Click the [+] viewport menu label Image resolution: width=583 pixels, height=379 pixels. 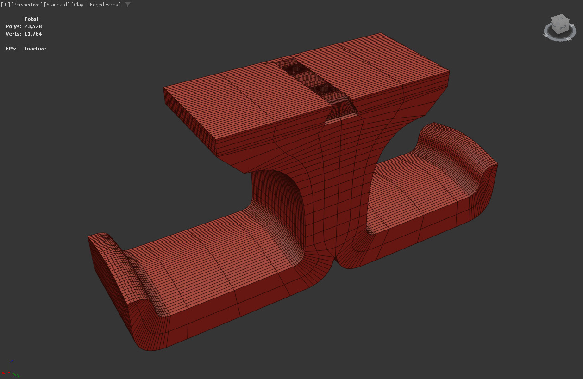(x=5, y=5)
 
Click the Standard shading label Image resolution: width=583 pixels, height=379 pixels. (x=57, y=5)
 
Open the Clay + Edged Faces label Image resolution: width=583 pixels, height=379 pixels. (x=96, y=5)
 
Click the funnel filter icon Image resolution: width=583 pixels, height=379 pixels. (x=128, y=5)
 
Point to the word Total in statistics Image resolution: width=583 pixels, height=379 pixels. (x=31, y=19)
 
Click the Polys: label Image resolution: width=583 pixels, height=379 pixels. (x=13, y=26)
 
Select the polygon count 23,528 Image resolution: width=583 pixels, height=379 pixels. (x=33, y=26)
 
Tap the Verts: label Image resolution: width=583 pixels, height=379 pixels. (x=13, y=34)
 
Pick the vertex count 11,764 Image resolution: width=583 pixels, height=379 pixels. (x=33, y=34)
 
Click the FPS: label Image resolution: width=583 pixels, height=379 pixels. (x=11, y=49)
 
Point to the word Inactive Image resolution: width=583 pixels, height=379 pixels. (x=35, y=49)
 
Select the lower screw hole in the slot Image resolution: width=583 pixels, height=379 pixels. (x=320, y=88)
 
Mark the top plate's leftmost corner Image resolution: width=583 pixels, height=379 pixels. (x=164, y=88)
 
